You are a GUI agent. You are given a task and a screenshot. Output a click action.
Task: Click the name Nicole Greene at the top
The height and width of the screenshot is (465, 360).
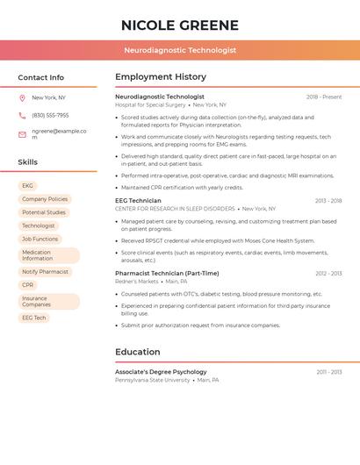179,25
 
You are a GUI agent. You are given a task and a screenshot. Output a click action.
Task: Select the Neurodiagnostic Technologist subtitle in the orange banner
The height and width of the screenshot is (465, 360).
179,51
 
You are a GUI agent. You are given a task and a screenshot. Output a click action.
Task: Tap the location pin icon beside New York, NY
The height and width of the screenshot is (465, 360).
22,98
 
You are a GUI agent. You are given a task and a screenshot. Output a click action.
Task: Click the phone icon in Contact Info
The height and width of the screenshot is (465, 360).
22,115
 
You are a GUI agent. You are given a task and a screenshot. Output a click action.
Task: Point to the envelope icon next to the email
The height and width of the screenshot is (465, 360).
22,134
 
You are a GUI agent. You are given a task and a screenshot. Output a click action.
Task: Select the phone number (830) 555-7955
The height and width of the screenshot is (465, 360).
50,115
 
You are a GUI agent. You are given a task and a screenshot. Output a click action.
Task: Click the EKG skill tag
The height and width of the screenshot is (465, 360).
28,186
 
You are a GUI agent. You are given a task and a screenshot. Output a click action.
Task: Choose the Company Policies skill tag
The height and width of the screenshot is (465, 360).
45,199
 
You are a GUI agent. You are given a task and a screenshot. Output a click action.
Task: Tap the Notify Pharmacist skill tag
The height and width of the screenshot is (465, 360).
45,272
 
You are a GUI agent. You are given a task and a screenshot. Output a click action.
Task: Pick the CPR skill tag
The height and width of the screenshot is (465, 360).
28,285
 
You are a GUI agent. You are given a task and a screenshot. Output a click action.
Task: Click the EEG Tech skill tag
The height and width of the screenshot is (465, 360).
34,318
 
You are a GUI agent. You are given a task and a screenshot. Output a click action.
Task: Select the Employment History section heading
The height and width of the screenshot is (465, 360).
161,77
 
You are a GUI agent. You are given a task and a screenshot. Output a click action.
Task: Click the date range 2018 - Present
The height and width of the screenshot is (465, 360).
324,97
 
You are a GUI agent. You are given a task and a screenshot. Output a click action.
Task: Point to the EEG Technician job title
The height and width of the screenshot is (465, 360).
139,201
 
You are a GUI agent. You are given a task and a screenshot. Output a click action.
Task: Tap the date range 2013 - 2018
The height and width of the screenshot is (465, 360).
328,201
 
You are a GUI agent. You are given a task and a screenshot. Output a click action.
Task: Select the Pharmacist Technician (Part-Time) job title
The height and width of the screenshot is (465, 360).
167,274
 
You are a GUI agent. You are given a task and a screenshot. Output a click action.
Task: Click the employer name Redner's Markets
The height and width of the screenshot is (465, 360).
137,282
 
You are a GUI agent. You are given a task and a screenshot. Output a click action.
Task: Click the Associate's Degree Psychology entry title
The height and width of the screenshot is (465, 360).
161,372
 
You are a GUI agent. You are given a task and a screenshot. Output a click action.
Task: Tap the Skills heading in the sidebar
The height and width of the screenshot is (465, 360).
28,162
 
